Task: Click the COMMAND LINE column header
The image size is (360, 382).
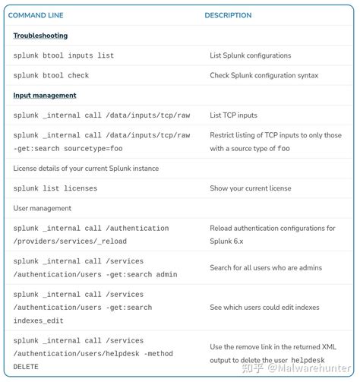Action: click(x=36, y=15)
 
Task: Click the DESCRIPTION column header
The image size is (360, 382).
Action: click(x=228, y=15)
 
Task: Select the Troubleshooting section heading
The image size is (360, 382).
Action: click(x=40, y=36)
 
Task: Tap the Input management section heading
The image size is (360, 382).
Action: click(x=45, y=96)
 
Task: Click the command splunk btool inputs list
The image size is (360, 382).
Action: click(x=63, y=55)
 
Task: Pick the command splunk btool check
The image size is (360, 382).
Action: click(x=51, y=75)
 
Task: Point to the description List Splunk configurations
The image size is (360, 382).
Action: click(x=250, y=55)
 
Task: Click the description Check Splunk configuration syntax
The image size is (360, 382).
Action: click(x=264, y=75)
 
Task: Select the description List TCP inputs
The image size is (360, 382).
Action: click(x=233, y=115)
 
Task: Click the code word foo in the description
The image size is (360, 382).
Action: click(x=283, y=149)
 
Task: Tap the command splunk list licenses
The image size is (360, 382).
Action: click(x=55, y=188)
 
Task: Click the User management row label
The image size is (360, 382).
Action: click(x=43, y=208)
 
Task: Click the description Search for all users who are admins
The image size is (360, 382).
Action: click(x=265, y=267)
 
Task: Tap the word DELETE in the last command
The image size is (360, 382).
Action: click(x=26, y=367)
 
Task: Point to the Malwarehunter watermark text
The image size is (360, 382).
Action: click(x=314, y=368)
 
